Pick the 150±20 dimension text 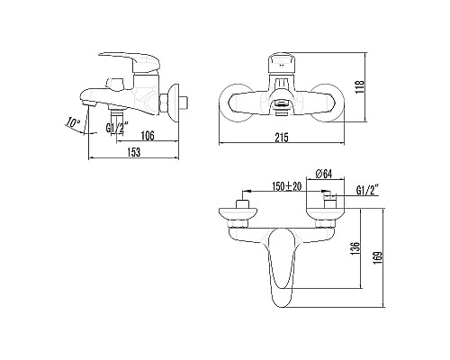pyautogui.click(x=287, y=187)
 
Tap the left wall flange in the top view pyautogui.click(x=237, y=212)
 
